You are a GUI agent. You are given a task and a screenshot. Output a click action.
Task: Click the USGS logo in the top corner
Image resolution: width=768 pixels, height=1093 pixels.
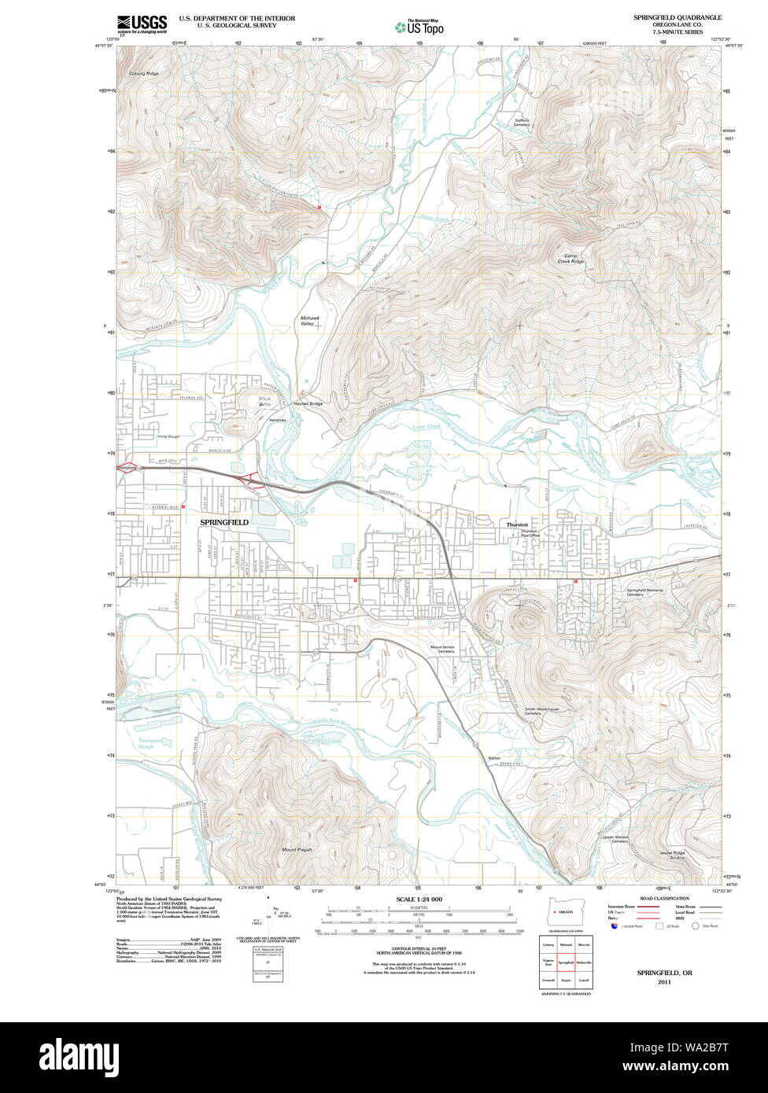click(x=142, y=24)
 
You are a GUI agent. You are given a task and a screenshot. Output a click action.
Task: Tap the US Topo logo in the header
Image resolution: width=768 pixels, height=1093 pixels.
click(x=419, y=28)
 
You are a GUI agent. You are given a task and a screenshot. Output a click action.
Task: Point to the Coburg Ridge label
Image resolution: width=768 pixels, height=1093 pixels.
click(x=143, y=73)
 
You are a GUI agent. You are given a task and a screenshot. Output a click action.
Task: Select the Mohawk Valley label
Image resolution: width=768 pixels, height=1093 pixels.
click(x=308, y=320)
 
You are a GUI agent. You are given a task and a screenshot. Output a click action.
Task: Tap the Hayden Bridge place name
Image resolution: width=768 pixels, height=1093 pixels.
click(x=308, y=403)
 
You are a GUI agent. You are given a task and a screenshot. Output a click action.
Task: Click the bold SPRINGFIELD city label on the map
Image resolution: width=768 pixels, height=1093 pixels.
click(x=224, y=522)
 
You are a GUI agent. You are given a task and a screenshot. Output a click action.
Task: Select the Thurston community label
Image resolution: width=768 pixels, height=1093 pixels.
click(x=517, y=524)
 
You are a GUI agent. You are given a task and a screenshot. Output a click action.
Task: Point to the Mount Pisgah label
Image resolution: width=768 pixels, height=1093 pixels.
click(x=297, y=850)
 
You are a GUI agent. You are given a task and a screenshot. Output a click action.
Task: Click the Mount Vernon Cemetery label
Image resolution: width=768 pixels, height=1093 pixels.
click(x=442, y=650)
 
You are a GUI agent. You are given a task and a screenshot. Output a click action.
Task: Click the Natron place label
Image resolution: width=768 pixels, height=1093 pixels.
click(x=494, y=758)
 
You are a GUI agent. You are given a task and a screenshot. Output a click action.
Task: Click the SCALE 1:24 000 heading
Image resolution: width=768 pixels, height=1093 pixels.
click(x=419, y=899)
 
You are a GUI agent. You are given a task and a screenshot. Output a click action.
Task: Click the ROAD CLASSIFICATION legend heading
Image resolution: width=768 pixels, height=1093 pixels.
click(x=665, y=898)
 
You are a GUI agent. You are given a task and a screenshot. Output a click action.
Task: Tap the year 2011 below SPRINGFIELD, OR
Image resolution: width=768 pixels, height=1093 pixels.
click(x=665, y=981)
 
